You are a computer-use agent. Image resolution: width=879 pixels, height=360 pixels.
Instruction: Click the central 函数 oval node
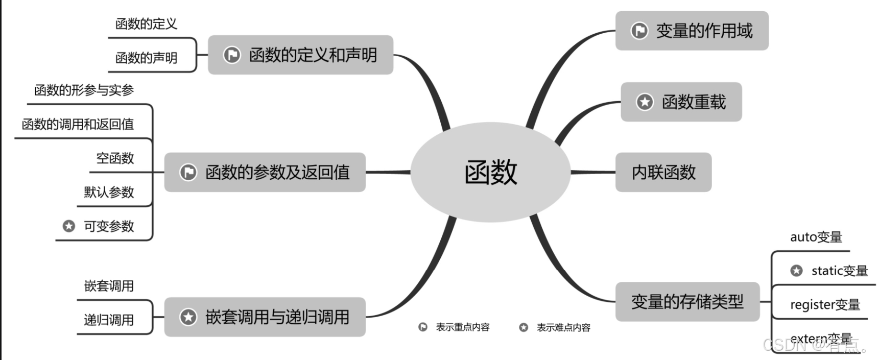(490, 172)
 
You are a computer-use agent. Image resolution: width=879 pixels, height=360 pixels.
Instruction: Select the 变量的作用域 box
(692, 31)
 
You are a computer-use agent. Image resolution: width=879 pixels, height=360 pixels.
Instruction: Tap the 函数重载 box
(681, 102)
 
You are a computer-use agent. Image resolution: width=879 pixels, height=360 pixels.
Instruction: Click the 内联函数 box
(663, 172)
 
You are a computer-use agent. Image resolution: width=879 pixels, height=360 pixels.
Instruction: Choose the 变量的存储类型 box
(687, 302)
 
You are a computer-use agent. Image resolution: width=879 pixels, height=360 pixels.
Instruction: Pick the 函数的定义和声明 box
(300, 55)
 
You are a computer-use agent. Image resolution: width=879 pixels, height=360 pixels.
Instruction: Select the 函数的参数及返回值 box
(265, 172)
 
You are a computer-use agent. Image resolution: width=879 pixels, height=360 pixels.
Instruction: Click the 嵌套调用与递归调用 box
(265, 317)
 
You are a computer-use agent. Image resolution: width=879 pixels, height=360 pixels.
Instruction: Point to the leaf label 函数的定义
(146, 24)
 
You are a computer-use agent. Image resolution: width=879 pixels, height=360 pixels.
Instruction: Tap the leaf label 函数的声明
(146, 58)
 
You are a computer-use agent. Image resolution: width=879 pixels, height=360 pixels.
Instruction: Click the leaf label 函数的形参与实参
(84, 90)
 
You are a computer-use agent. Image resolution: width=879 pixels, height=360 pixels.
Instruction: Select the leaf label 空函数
(115, 158)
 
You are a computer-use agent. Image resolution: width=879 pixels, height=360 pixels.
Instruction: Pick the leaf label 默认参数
(109, 192)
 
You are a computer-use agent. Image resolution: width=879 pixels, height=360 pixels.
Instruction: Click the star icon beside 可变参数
(69, 226)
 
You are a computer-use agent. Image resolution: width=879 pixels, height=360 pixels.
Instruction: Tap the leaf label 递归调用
(109, 320)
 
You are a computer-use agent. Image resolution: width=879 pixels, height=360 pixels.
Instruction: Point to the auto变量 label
(816, 237)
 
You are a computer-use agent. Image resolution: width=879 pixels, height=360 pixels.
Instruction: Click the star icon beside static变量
(796, 271)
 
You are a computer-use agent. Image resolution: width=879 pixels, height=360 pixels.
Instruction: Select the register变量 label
(825, 305)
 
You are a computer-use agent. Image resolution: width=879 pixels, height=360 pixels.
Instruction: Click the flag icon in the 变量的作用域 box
(639, 31)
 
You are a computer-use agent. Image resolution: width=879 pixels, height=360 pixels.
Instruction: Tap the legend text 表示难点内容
(563, 327)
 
